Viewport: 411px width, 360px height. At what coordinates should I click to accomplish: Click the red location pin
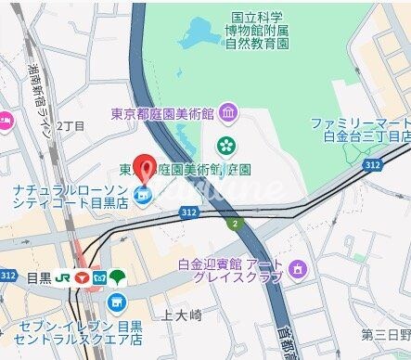pos(143,166)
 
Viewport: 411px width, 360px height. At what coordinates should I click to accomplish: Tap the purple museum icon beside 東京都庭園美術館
pos(228,113)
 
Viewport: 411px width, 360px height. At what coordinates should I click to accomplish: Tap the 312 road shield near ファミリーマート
pos(372,164)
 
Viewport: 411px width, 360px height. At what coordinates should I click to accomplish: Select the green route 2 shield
pos(236,223)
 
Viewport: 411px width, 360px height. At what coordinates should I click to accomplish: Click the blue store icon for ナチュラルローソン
pos(142,194)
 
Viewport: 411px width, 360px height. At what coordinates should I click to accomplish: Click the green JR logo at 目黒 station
pos(63,276)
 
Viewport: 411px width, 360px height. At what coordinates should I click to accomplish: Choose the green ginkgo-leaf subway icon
pos(117,276)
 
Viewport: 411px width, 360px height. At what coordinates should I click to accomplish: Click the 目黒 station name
pos(38,276)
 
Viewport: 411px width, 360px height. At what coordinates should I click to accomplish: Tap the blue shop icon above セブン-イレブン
pos(116,302)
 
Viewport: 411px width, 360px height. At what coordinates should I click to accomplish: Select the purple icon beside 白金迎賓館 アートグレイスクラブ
pos(296,269)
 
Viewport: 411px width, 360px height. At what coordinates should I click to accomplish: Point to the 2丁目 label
pos(71,125)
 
